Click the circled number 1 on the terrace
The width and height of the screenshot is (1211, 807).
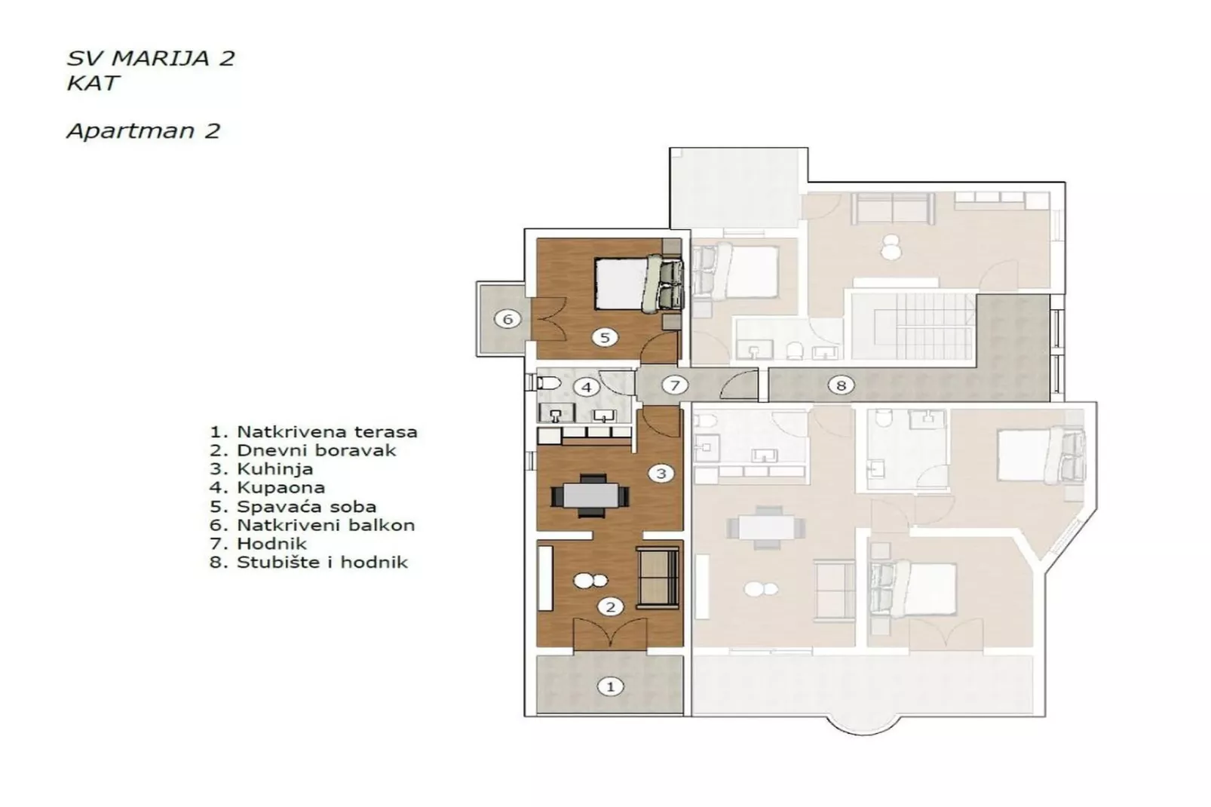[610, 686]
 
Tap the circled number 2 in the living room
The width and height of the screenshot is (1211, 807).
[610, 606]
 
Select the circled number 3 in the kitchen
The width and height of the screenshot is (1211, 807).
[661, 474]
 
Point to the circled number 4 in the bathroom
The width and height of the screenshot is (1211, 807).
[586, 388]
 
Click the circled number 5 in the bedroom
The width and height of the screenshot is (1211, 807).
[604, 337]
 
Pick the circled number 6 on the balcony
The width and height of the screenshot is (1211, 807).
[507, 319]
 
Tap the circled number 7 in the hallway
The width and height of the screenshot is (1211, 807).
[675, 385]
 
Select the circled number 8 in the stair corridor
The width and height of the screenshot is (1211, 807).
[841, 385]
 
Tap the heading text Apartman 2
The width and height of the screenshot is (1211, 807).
[143, 131]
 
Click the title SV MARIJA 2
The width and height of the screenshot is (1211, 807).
[151, 59]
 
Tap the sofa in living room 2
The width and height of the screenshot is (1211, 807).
[658, 577]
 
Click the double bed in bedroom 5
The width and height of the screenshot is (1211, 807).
[630, 283]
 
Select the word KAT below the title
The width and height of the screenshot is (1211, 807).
[93, 82]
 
